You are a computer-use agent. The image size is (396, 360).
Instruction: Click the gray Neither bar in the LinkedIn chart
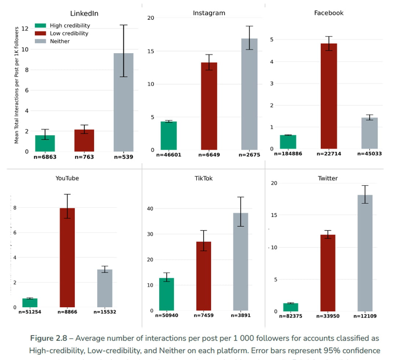[x=123, y=102]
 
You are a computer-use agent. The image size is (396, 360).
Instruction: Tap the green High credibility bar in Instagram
[x=169, y=136]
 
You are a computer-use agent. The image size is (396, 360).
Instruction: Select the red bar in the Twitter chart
[x=328, y=273]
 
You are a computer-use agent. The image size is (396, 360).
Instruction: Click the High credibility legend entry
[x=62, y=26]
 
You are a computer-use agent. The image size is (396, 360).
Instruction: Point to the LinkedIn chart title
[x=84, y=14]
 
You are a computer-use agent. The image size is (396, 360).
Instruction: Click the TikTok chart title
[x=203, y=179]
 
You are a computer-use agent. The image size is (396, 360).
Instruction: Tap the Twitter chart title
[x=328, y=179]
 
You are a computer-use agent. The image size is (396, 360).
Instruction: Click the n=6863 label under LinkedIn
[x=45, y=157]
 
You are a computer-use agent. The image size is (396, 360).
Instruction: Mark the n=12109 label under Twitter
[x=364, y=316]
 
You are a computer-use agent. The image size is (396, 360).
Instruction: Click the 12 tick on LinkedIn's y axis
[x=25, y=29]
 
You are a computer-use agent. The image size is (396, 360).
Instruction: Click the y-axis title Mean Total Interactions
[x=16, y=85]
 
